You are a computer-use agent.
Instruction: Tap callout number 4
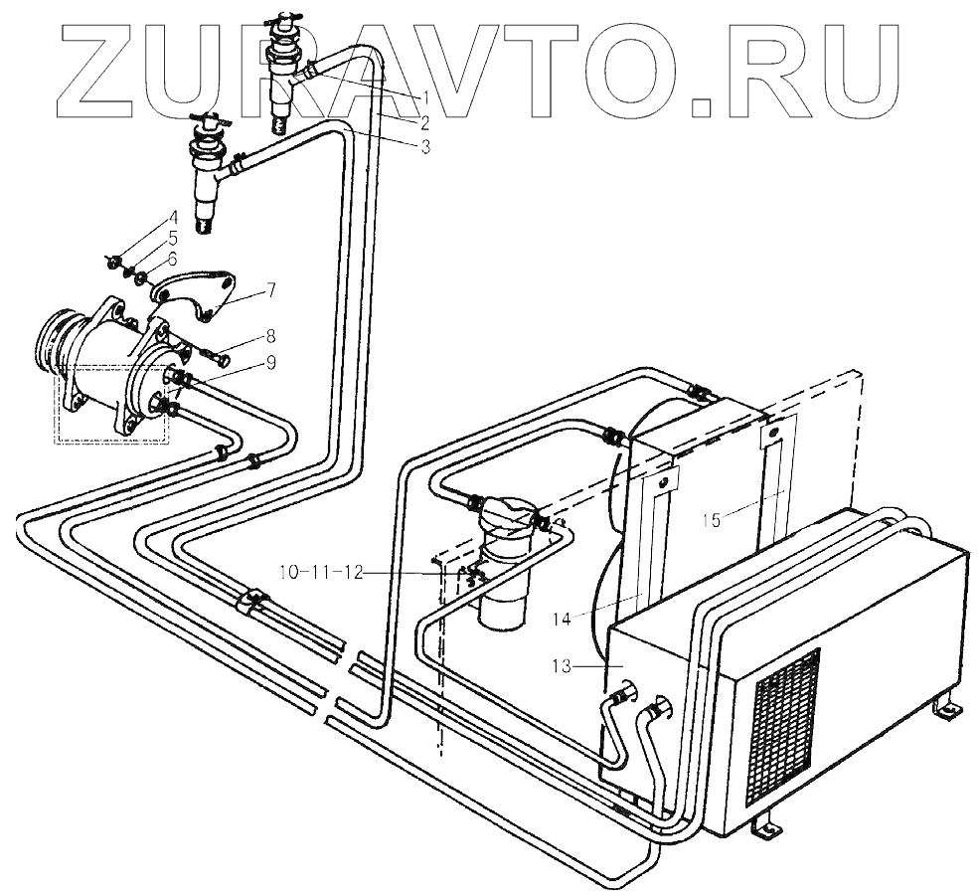click(x=173, y=217)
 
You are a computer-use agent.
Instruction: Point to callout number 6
click(x=173, y=258)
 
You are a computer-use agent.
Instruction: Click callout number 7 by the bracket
click(x=271, y=290)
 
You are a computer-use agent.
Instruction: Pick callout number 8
click(x=271, y=336)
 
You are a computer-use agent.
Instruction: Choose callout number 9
click(x=271, y=364)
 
